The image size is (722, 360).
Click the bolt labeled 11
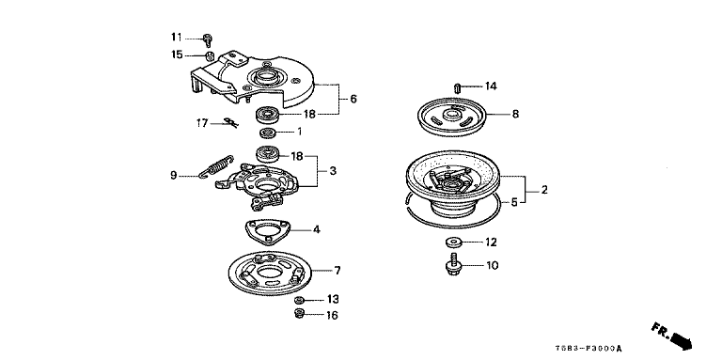pyautogui.click(x=208, y=40)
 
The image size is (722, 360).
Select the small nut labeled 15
pyautogui.click(x=209, y=56)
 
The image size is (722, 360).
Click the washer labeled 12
pyautogui.click(x=453, y=242)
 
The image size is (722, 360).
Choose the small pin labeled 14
pyautogui.click(x=457, y=87)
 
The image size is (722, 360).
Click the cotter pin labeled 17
pyautogui.click(x=230, y=122)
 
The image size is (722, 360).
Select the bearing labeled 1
pyautogui.click(x=268, y=133)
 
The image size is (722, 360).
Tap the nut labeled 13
pyautogui.click(x=299, y=300)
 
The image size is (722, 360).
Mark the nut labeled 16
pyautogui.click(x=299, y=315)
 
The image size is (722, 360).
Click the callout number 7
pyautogui.click(x=337, y=271)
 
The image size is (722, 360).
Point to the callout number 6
pyautogui.click(x=353, y=99)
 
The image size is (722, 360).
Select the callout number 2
pyautogui.click(x=544, y=190)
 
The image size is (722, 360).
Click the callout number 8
pyautogui.click(x=515, y=114)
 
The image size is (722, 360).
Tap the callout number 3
pyautogui.click(x=333, y=171)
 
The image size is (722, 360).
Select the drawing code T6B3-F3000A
pyautogui.click(x=590, y=349)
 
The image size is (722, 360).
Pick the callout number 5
pyautogui.click(x=514, y=202)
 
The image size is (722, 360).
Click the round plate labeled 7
pyautogui.click(x=270, y=273)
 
